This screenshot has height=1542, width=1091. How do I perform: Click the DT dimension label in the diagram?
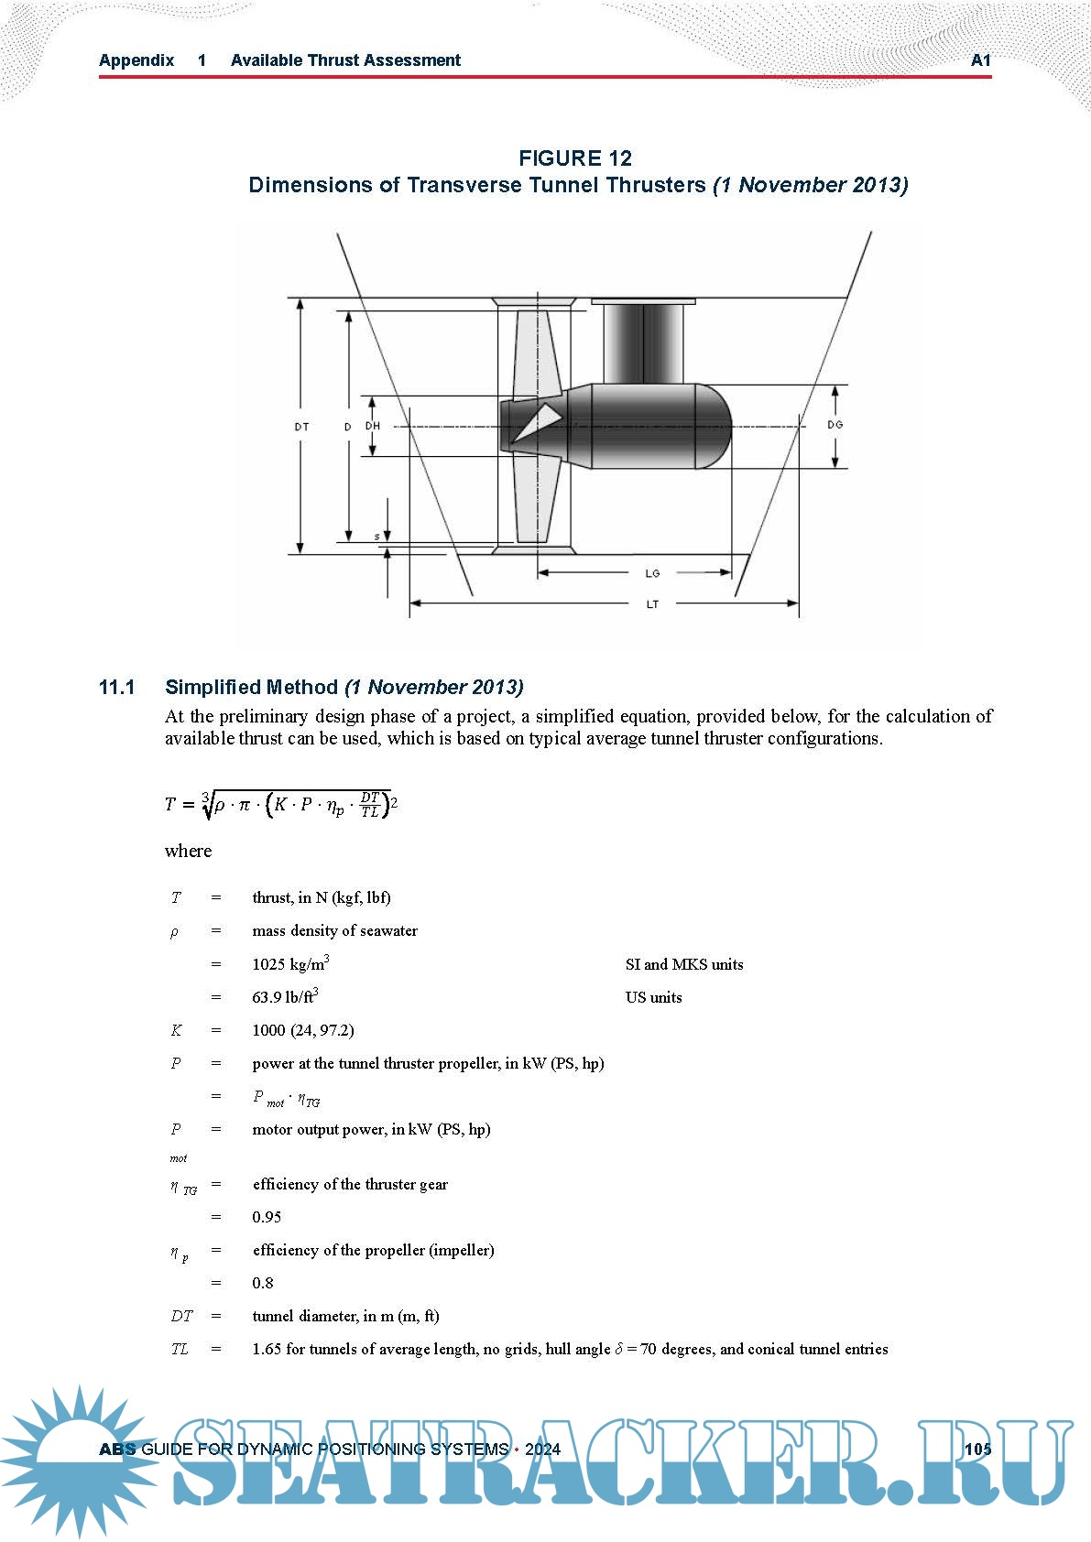[301, 427]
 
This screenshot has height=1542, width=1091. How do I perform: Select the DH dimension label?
[373, 426]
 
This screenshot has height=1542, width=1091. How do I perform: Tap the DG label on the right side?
[835, 425]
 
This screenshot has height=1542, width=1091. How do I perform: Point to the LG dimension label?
[652, 573]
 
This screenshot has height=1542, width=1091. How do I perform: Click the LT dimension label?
[652, 604]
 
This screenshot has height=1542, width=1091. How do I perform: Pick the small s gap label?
[376, 537]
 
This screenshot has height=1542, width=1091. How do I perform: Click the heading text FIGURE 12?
[575, 157]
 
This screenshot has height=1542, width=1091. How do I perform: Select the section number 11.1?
[117, 687]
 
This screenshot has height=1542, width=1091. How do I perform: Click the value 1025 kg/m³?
[290, 964]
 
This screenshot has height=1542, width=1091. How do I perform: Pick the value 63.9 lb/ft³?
[285, 997]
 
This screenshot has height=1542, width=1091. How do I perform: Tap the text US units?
[653, 997]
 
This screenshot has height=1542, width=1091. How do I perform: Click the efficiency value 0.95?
[267, 1217]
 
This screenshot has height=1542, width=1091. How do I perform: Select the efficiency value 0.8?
[263, 1283]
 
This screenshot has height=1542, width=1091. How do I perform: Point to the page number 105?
[977, 1449]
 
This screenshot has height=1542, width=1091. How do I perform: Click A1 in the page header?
[980, 60]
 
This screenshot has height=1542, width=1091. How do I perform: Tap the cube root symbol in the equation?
[207, 803]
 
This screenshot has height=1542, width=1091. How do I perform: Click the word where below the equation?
[188, 851]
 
